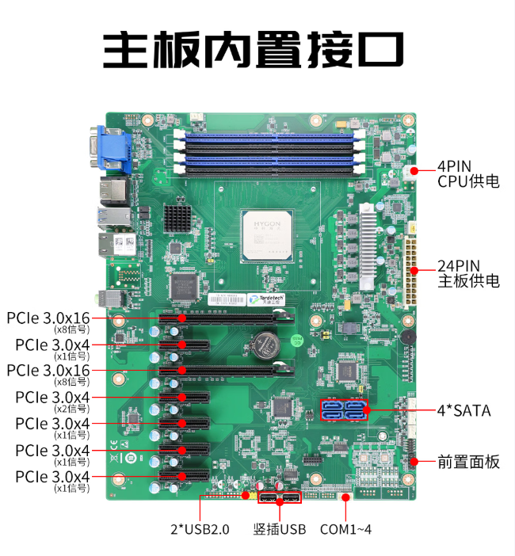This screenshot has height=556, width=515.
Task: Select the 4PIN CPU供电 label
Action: point(468,173)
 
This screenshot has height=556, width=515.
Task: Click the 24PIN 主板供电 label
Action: point(468,272)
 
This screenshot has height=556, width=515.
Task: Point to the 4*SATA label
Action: point(463,410)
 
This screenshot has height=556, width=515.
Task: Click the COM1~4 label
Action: point(345,529)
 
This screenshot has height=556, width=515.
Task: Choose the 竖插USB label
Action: point(279,529)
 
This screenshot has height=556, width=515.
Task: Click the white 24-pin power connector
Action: point(413,262)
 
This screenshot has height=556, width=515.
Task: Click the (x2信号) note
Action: point(71,408)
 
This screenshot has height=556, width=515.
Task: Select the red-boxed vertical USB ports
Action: point(280,498)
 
